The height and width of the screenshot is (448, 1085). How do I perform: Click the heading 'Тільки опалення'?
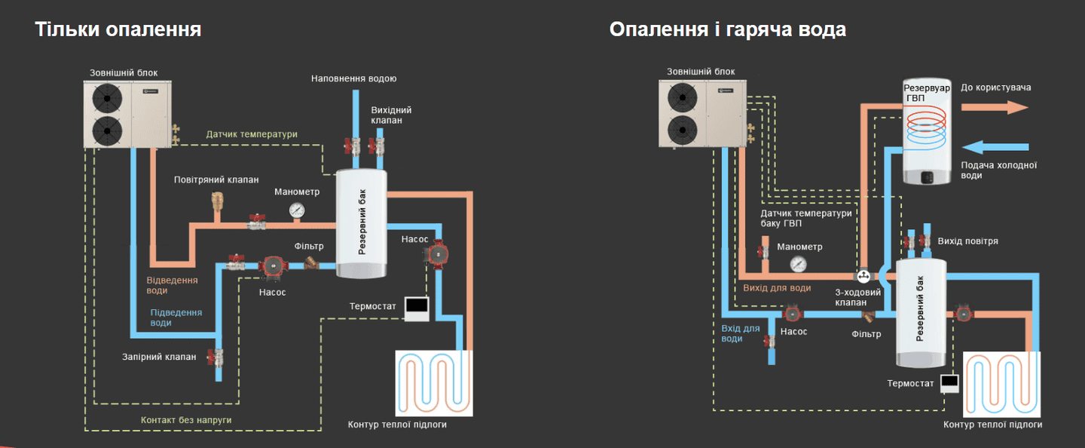click(118, 29)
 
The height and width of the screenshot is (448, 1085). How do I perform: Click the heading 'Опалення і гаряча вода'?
click(727, 29)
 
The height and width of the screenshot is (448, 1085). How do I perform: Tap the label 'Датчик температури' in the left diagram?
click(252, 134)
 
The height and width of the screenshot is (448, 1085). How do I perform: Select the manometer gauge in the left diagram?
click(297, 210)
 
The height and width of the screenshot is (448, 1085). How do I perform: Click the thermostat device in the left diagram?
click(417, 305)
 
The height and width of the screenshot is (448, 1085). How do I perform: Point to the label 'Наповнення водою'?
click(353, 78)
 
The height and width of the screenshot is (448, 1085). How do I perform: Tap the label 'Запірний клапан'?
click(159, 357)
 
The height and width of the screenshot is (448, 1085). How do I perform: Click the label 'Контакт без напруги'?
click(186, 419)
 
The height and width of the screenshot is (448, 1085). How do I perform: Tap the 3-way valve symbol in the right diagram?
click(863, 277)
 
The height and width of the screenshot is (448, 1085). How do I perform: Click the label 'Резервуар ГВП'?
click(926, 94)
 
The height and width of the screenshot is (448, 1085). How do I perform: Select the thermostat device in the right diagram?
click(949, 382)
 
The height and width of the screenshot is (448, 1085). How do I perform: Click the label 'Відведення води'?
click(172, 285)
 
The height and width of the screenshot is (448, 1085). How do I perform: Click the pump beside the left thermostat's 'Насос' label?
click(436, 254)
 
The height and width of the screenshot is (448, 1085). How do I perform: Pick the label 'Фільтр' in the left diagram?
click(309, 247)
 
